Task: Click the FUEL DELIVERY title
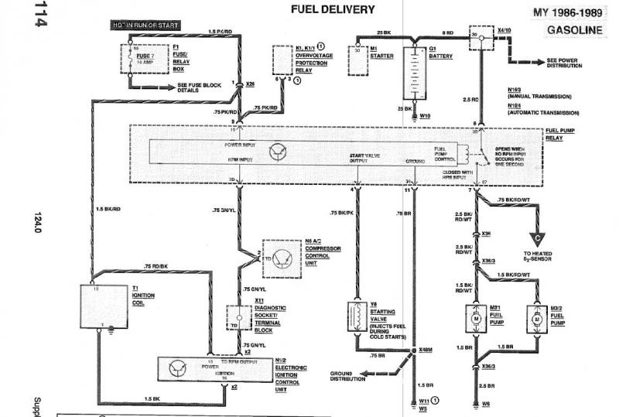pyautogui.click(x=333, y=10)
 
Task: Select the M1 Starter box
pyautogui.click(x=359, y=60)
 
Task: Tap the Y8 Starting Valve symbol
pyautogui.click(x=359, y=317)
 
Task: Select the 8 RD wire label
pyautogui.click(x=447, y=32)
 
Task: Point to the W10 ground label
pyautogui.click(x=425, y=117)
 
